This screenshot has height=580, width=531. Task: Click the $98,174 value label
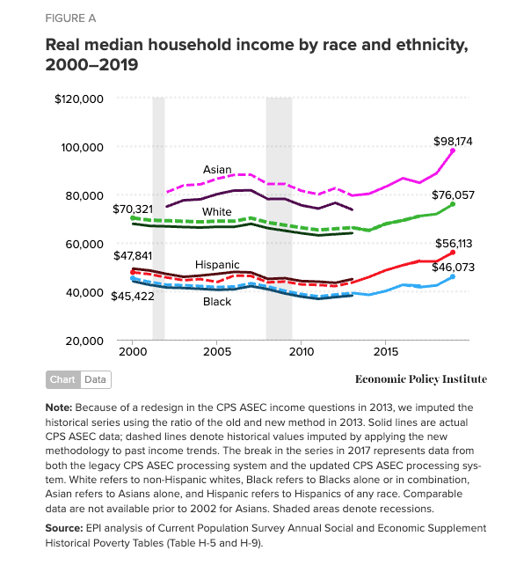coord(455,141)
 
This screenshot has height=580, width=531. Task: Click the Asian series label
coord(217,169)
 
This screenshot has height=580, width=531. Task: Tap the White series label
coord(217,212)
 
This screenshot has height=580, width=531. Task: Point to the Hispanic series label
coord(217,264)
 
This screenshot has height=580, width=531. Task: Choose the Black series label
coord(217,302)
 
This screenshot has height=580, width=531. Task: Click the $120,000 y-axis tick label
coord(79,99)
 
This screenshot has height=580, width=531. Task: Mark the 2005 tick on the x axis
coord(217,352)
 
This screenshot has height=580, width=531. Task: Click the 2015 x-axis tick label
coord(386,352)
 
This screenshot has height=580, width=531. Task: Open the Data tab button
coord(95,380)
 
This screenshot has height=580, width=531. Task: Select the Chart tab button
coord(62,380)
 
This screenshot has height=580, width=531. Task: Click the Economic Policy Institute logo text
coord(420,379)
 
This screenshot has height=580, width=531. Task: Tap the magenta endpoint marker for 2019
coord(453,151)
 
